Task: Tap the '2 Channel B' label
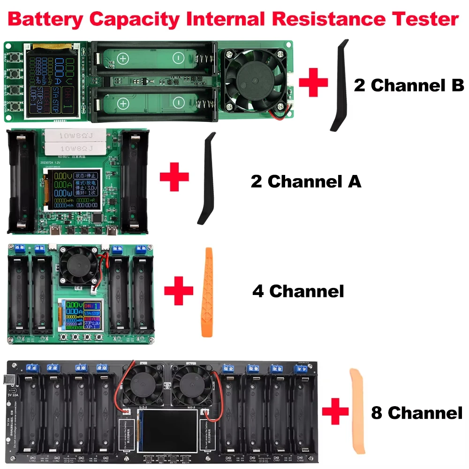click(x=408, y=86)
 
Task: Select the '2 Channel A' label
click(x=306, y=181)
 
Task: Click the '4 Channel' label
click(x=298, y=291)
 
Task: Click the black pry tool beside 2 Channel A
click(x=206, y=179)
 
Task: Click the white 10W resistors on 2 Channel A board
click(x=78, y=142)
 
